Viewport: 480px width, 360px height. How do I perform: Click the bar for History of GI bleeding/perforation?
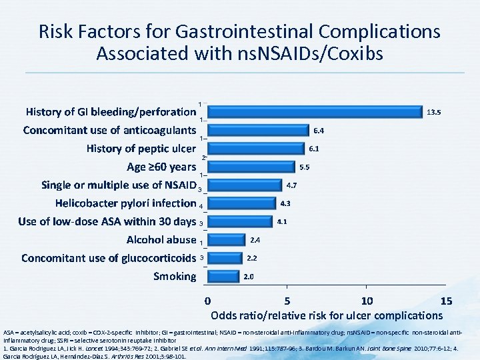(x=315, y=111)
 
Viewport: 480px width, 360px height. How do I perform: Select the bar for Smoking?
(x=223, y=276)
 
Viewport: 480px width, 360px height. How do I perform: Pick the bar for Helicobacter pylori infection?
(x=241, y=203)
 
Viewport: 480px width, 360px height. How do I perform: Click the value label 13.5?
(x=433, y=112)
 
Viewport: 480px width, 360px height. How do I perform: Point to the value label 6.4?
(x=320, y=130)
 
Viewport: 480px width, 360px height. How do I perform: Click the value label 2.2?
(x=253, y=258)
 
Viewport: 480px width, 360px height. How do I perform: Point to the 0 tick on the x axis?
(x=208, y=301)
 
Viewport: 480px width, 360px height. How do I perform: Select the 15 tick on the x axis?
(x=446, y=301)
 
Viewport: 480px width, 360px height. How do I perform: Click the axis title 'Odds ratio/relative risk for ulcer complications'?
(x=326, y=315)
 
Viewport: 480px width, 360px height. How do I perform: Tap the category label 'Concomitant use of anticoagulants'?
(x=109, y=130)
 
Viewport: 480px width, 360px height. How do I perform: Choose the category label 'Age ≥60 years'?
(x=161, y=167)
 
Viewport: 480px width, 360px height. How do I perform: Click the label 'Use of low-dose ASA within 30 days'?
(x=107, y=221)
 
